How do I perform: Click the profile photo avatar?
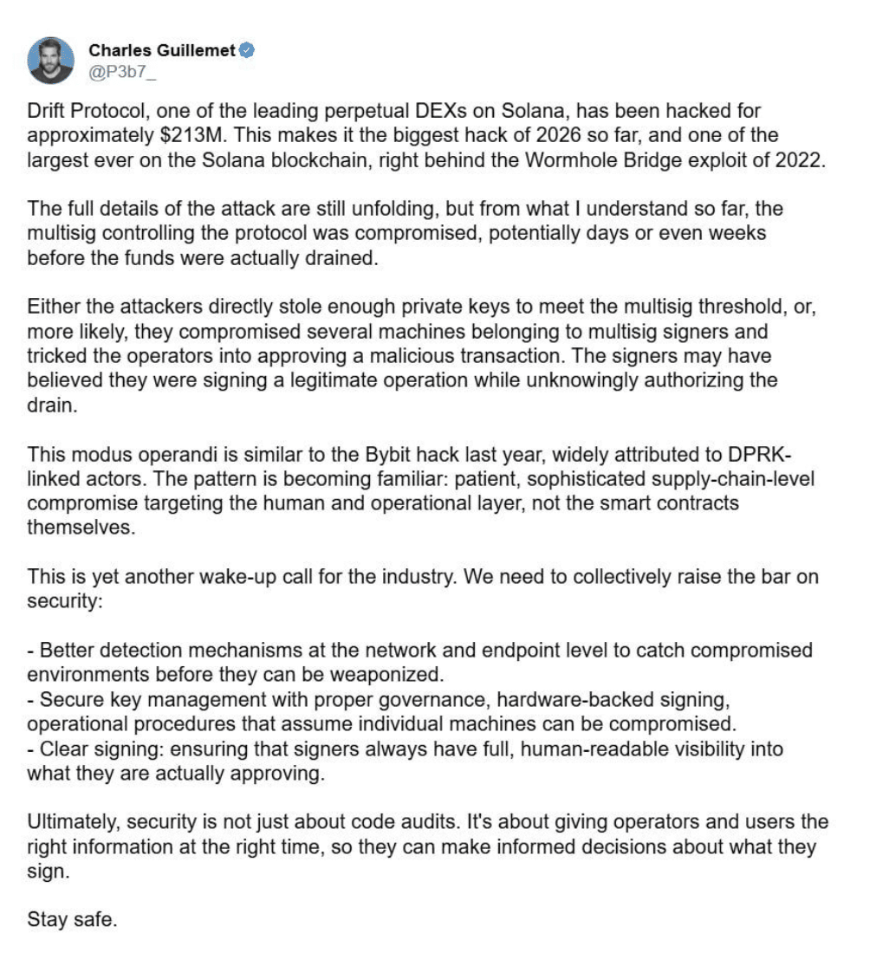50,60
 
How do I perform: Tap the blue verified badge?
247,50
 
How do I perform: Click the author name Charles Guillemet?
162,50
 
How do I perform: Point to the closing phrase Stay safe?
72,919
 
